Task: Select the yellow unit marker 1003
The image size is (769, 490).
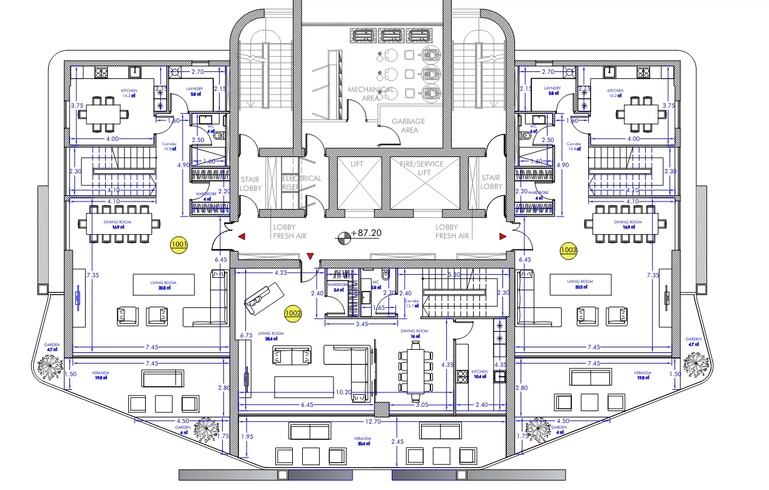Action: tap(569, 250)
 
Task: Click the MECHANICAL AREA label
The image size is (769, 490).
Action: tap(370, 94)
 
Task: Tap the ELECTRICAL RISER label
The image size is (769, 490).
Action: tap(301, 182)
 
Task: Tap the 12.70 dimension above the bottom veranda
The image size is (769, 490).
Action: tap(374, 421)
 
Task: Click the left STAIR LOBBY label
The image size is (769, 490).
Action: tap(250, 182)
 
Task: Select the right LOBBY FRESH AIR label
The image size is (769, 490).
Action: tap(452, 232)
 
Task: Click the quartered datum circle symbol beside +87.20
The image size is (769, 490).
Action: tap(344, 237)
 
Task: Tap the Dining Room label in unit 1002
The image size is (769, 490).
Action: tap(414, 333)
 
